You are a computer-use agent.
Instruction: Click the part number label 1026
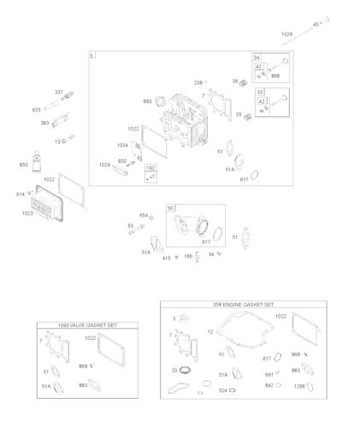286,34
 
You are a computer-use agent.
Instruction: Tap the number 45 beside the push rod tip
316,24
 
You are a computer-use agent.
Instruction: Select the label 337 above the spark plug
59,92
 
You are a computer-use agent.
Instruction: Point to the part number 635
37,110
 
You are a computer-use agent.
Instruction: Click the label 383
44,123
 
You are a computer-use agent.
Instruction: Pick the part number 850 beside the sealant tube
23,163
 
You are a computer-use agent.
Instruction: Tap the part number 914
20,194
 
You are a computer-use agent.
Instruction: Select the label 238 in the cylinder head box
198,82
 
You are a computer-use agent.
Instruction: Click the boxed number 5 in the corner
92,56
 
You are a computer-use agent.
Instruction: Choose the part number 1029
104,164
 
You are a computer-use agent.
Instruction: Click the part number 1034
122,146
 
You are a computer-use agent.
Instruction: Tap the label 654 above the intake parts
144,215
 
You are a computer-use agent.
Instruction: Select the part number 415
167,257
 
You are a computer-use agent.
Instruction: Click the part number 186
187,257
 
